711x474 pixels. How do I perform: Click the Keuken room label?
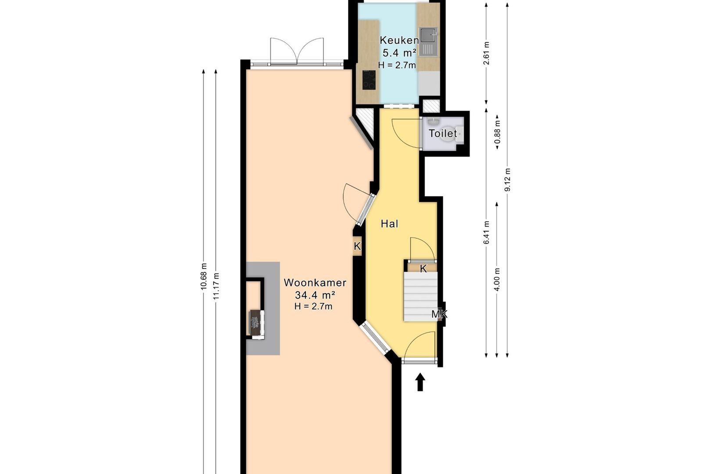coord(399,40)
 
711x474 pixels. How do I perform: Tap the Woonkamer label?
coord(315,283)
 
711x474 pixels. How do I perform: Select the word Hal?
coord(389,224)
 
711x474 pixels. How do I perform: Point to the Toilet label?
coord(443,133)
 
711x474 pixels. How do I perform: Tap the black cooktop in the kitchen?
coord(369,80)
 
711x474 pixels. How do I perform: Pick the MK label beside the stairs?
coord(439,314)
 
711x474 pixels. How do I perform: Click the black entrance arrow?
coord(420,382)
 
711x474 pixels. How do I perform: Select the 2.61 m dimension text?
coord(486,53)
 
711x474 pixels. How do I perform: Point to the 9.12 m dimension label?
coord(507,180)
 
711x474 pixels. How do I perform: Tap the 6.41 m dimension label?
coord(486,233)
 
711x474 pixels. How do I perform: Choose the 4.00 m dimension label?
coord(497,280)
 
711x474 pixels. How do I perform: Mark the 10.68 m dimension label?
coord(204,276)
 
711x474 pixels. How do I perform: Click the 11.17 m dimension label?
coord(216,286)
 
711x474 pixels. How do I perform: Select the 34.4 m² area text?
coord(315,295)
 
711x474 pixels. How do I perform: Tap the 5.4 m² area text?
coord(399,53)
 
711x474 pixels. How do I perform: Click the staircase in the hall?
coord(420,297)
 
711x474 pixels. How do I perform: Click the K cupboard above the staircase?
coord(423,268)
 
